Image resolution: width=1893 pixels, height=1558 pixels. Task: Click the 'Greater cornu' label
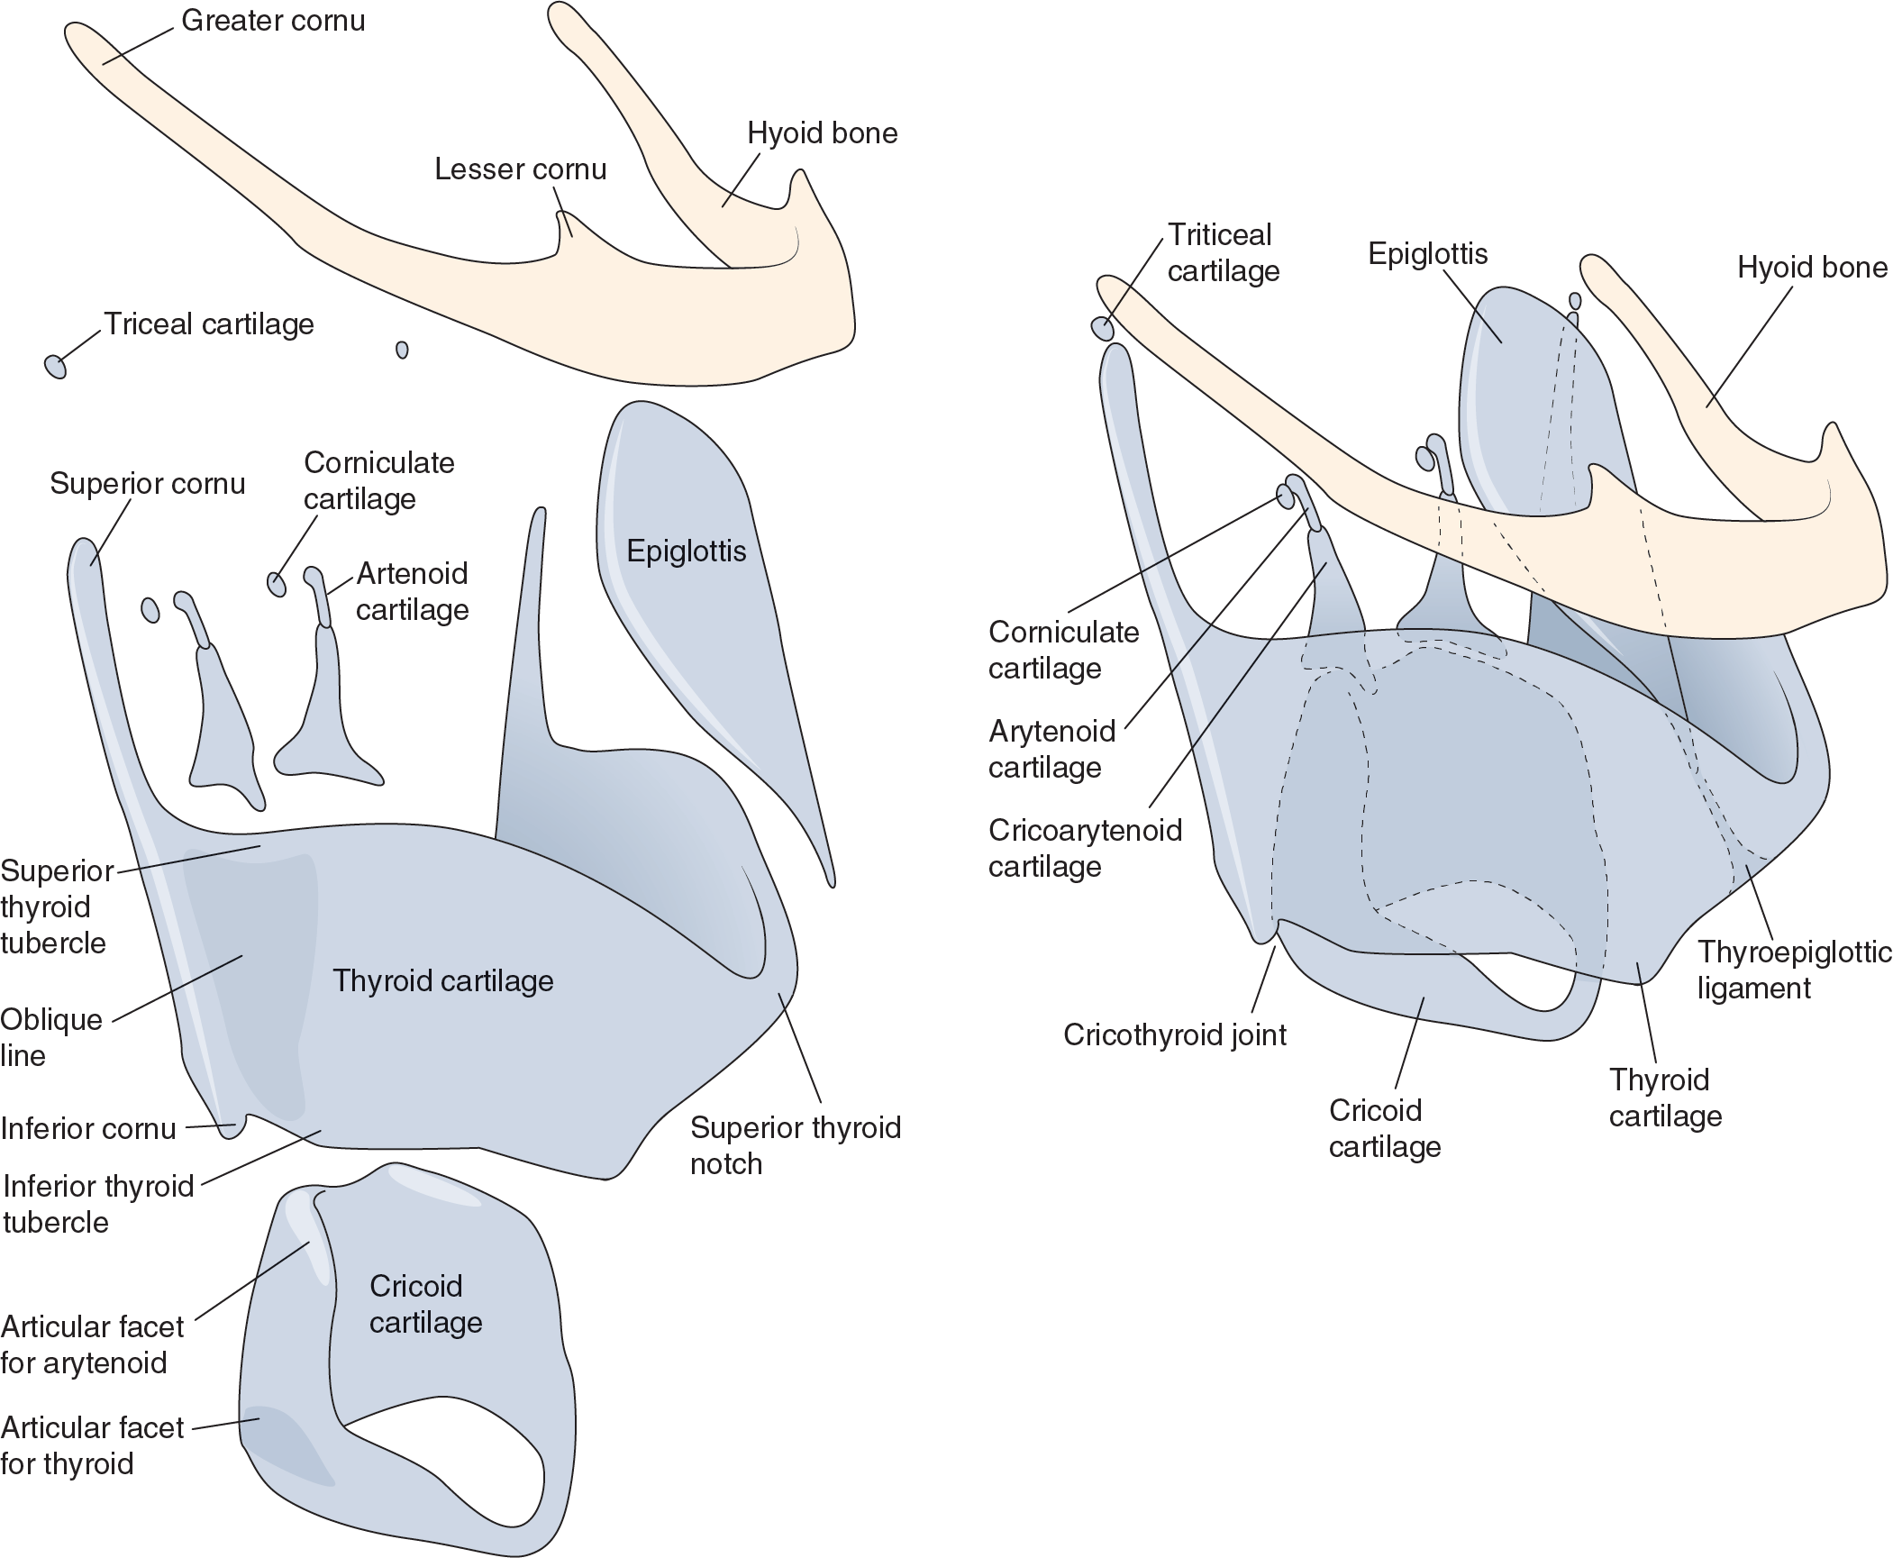click(273, 21)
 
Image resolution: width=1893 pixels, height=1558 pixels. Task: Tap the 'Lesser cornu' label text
click(520, 169)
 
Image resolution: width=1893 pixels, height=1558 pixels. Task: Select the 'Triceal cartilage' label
click(209, 324)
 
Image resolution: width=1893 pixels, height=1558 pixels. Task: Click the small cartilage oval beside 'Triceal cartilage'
click(55, 366)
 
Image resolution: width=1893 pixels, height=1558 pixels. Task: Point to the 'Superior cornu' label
click(147, 484)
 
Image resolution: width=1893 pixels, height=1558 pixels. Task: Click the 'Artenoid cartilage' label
click(412, 591)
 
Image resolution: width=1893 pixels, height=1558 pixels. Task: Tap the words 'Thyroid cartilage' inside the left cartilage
click(442, 980)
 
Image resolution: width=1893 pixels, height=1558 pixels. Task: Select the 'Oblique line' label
click(50, 1037)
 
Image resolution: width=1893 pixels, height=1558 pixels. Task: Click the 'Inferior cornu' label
click(88, 1128)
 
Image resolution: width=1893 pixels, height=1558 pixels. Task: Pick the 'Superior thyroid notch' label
click(795, 1145)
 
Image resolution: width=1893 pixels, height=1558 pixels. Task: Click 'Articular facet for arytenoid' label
click(91, 1344)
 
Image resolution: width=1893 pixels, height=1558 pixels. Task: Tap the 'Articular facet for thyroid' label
click(91, 1445)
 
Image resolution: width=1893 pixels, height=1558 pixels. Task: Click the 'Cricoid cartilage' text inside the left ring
click(425, 1304)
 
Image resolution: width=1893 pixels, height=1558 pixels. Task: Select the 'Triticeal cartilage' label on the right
click(1223, 253)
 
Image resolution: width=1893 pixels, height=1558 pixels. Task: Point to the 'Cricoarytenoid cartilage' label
click(1084, 848)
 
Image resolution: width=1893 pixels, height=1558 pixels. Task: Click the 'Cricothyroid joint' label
click(1174, 1034)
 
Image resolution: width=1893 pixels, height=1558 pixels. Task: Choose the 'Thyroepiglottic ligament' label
click(1793, 970)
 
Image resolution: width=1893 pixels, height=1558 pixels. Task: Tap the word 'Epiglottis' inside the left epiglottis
click(686, 551)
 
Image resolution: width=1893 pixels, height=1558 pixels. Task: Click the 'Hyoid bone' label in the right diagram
click(1811, 268)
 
